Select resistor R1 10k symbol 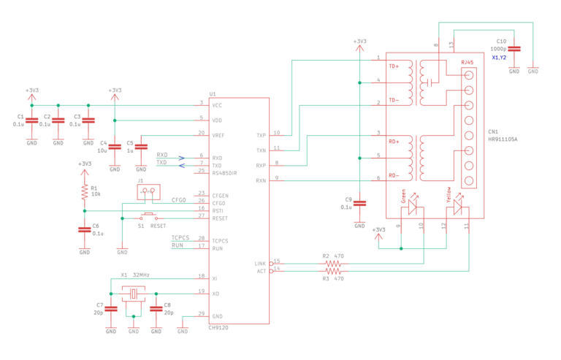click(x=85, y=191)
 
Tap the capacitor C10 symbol click(x=514, y=48)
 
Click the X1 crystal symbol click(x=134, y=294)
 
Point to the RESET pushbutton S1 click(x=149, y=216)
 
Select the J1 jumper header click(x=149, y=191)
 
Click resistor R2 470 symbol click(x=332, y=263)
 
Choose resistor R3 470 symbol click(x=332, y=271)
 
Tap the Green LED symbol click(x=412, y=207)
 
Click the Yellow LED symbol click(x=457, y=207)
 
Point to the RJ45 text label click(x=467, y=64)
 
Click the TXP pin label click(x=261, y=135)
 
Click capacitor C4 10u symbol click(x=114, y=148)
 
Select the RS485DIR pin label click(x=224, y=172)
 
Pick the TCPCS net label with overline click(x=180, y=238)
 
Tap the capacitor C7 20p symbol click(x=111, y=308)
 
